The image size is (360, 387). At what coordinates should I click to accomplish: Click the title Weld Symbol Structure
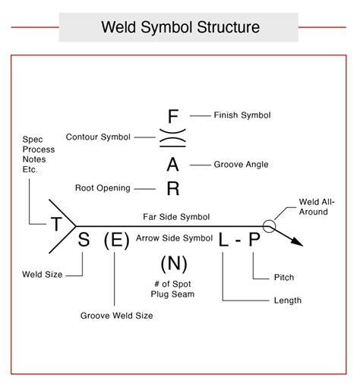click(x=180, y=28)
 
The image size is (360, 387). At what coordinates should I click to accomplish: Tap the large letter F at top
click(x=173, y=116)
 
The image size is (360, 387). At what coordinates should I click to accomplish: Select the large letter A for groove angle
click(x=173, y=165)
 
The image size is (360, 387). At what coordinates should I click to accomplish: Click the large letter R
click(x=173, y=188)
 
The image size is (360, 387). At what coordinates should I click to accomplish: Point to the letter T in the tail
click(x=56, y=224)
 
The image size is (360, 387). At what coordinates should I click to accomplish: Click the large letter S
click(x=84, y=241)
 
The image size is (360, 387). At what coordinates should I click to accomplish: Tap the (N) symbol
click(x=173, y=265)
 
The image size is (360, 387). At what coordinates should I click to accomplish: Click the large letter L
click(x=223, y=241)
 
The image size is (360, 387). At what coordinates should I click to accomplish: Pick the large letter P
click(x=254, y=241)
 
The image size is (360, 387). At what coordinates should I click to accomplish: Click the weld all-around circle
click(x=269, y=225)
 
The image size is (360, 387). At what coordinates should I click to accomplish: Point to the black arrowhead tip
click(x=302, y=244)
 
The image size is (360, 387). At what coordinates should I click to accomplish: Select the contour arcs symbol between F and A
click(x=173, y=139)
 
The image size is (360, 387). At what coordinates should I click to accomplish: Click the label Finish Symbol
click(x=242, y=115)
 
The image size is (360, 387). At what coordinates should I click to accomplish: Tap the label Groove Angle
click(x=241, y=164)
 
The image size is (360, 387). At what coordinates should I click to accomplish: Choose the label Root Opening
click(x=103, y=187)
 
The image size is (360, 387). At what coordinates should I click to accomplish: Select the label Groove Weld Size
click(x=115, y=315)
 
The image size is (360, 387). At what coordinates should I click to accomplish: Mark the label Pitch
click(x=283, y=278)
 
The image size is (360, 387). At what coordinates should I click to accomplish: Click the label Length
click(x=287, y=300)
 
